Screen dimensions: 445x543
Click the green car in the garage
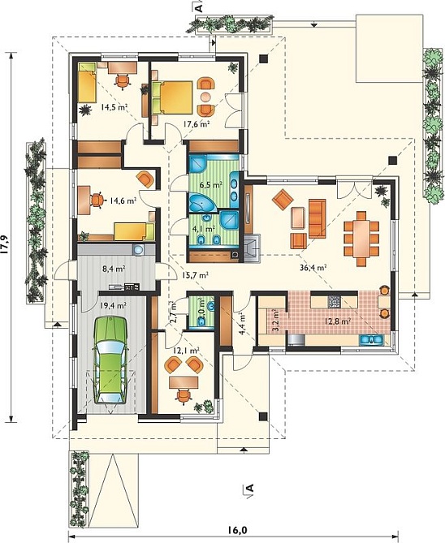pyautogui.click(x=110, y=360)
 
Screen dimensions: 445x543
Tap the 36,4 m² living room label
pyautogui.click(x=313, y=267)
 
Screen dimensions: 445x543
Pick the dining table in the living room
pyautogui.click(x=361, y=239)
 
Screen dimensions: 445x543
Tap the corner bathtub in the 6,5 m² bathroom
pyautogui.click(x=201, y=203)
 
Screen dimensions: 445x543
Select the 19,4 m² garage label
pyautogui.click(x=113, y=305)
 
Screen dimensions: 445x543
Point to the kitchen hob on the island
pyautogui.click(x=335, y=302)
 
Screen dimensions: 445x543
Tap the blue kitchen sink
pyautogui.click(x=371, y=340)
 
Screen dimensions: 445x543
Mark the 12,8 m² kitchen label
pyautogui.click(x=338, y=321)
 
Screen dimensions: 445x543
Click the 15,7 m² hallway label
pyautogui.click(x=195, y=275)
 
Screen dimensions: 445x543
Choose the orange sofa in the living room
pyautogui.click(x=318, y=218)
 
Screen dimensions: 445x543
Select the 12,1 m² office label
pyautogui.click(x=186, y=351)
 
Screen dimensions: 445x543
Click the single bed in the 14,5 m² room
pyautogui.click(x=87, y=83)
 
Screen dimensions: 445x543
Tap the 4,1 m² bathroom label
pyautogui.click(x=204, y=229)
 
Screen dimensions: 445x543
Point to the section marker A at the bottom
pyautogui.click(x=248, y=489)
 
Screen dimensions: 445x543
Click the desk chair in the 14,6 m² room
pyautogui.click(x=97, y=200)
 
